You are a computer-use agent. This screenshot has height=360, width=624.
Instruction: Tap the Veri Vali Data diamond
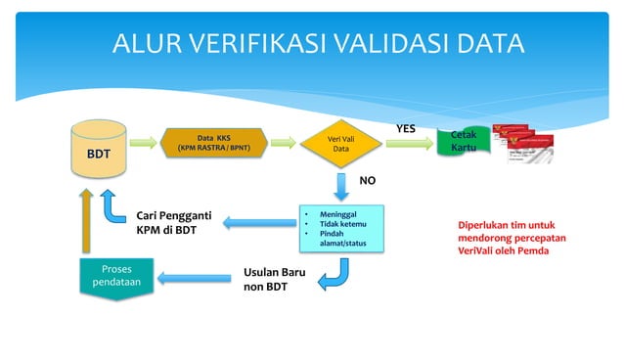pos(340,144)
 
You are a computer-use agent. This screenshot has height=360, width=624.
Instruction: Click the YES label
pos(405,128)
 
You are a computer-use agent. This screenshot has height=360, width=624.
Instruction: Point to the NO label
pos(367,181)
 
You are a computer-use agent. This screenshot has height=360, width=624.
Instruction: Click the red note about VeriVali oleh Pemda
pos(505,238)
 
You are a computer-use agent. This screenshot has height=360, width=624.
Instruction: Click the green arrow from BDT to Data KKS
pos(144,144)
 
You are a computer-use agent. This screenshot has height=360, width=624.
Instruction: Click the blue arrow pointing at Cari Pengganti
pos(257,224)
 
